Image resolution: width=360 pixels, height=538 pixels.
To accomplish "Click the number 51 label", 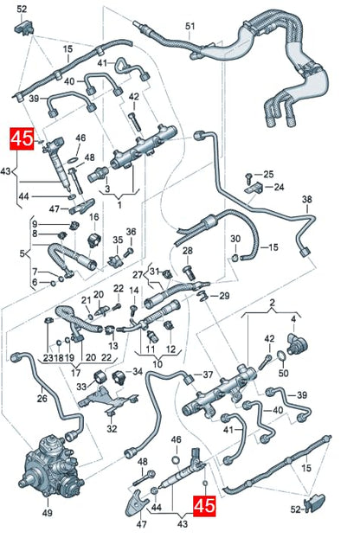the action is coord(190,27).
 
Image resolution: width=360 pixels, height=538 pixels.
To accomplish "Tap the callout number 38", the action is coord(307,199).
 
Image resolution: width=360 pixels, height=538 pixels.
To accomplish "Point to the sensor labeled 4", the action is coord(297,343).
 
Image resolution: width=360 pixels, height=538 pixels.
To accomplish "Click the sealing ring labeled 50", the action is coord(280,355).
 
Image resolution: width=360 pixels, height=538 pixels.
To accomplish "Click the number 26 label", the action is coord(42,398).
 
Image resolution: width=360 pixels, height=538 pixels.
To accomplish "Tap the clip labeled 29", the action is coord(202,295).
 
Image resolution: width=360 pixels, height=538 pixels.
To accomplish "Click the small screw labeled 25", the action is coord(249,177).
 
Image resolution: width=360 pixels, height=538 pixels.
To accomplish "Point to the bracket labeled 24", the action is coord(254,188).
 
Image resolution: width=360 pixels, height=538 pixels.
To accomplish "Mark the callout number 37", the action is coord(208,375).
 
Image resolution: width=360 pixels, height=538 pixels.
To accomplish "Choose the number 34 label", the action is coord(138,372).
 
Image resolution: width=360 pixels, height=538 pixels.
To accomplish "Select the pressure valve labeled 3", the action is coord(98,174).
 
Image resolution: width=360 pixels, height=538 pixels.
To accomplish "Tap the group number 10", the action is coord(157,363).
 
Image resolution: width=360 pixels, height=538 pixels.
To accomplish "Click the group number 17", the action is coord(75,372).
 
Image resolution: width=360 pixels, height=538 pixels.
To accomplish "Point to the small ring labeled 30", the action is coord(235,258).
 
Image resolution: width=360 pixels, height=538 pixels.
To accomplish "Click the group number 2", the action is coord(272,303).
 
